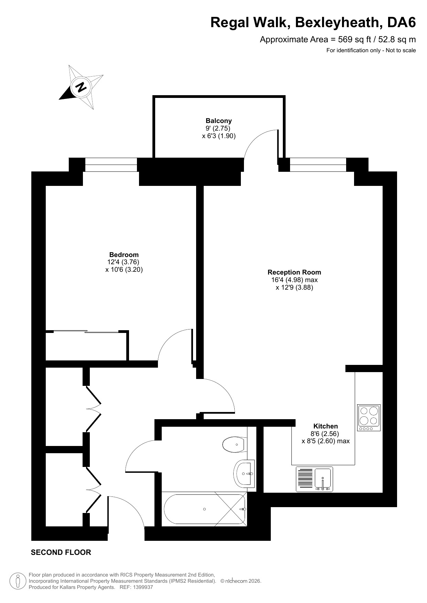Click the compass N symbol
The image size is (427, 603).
pos(81,87)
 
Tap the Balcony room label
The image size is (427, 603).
pos(219,121)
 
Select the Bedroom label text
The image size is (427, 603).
pos(124,255)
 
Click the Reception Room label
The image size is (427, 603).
pos(294,272)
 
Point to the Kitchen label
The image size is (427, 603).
pos(325,426)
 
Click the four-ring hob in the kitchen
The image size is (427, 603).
pos(369,418)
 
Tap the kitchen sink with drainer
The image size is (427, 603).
pos(314,479)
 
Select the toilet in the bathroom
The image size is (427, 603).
pos(235,445)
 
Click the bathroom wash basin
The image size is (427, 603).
pos(245,473)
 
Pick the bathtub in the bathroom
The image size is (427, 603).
pos(205,509)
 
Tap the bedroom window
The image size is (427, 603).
pos(111,165)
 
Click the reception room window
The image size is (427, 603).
pos(318,165)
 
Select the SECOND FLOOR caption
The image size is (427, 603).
pos(61,552)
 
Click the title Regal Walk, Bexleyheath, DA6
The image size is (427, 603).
pos(313,22)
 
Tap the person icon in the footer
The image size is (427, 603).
pos(18,581)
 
